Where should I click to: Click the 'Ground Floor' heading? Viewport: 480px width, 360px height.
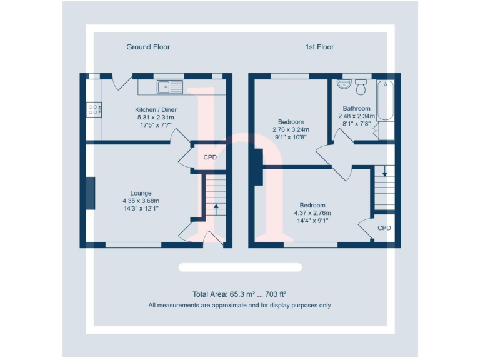tap(148, 47)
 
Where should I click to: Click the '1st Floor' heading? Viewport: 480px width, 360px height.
tap(319, 47)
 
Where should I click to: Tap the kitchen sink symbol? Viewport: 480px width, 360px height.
tap(169, 86)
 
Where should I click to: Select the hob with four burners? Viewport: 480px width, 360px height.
tap(94, 109)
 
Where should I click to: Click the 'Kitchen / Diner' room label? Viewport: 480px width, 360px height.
tap(156, 109)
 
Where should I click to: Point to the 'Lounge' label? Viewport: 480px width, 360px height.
tap(141, 193)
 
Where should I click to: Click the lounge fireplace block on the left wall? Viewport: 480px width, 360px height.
tap(90, 194)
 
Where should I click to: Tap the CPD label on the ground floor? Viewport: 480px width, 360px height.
tap(210, 157)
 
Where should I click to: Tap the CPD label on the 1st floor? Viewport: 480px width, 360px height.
tap(384, 228)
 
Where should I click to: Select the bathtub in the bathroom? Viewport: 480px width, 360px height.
tap(386, 100)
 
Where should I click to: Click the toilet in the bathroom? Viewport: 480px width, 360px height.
tap(361, 83)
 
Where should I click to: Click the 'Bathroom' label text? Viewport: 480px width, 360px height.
tap(356, 108)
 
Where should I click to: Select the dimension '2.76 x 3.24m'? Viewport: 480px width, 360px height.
tap(291, 130)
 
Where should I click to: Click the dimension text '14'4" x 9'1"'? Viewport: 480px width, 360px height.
tap(312, 220)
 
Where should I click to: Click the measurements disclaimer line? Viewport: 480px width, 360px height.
tap(240, 306)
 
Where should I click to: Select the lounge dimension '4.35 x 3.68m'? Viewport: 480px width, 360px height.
tap(141, 201)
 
